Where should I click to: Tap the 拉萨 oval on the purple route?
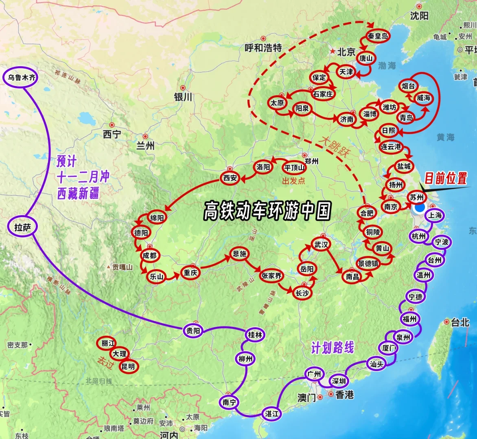click(x=23, y=227)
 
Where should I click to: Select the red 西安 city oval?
click(x=230, y=178)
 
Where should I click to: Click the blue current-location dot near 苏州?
click(x=419, y=208)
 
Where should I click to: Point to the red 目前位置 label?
click(x=446, y=178)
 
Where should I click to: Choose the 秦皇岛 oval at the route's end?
click(x=377, y=36)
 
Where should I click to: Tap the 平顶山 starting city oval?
click(x=295, y=167)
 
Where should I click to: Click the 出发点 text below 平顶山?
click(x=293, y=181)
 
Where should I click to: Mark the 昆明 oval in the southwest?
click(x=128, y=366)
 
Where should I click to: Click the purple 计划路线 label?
click(x=333, y=348)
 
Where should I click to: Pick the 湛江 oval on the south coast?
click(x=271, y=414)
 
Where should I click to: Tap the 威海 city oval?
click(x=423, y=98)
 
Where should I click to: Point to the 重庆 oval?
click(x=190, y=273)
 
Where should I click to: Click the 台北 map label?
click(x=460, y=323)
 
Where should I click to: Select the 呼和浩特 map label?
click(x=263, y=48)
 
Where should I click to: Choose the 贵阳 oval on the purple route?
click(x=193, y=331)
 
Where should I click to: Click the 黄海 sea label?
click(x=446, y=137)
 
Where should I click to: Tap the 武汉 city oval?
click(x=321, y=244)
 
